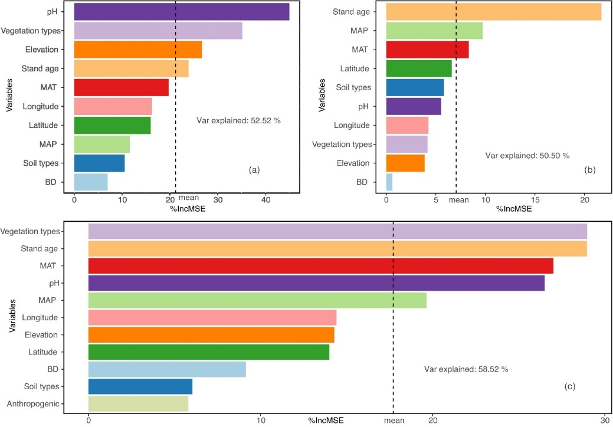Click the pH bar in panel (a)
(182, 12)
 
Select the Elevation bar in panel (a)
(138, 50)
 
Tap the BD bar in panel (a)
(91, 182)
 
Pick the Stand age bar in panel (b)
(493, 12)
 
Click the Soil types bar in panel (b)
(415, 87)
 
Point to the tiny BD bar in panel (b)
(389, 182)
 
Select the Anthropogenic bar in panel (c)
(138, 404)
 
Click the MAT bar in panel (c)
(320, 266)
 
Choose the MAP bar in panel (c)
(257, 300)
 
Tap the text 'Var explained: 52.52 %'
(238, 120)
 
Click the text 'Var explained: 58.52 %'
(466, 369)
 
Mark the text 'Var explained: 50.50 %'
(527, 156)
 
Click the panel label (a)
(254, 170)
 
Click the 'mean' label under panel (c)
(394, 420)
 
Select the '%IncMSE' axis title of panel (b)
(513, 209)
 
